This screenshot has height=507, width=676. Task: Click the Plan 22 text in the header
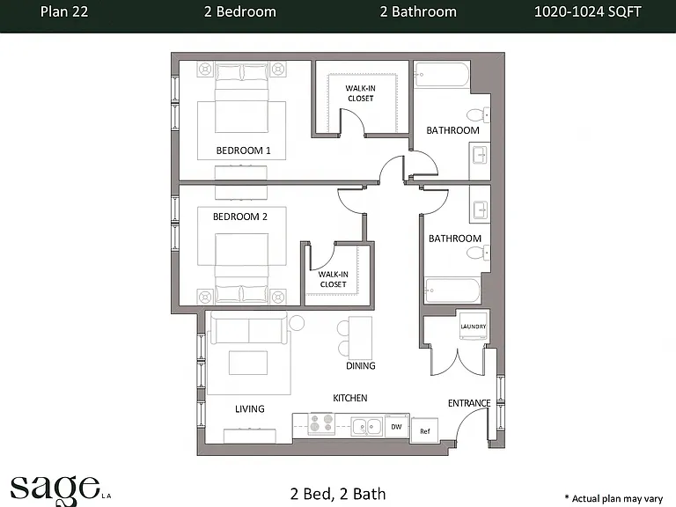[64, 11]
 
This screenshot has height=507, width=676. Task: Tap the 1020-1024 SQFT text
[588, 11]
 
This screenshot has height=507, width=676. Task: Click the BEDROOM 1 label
[243, 151]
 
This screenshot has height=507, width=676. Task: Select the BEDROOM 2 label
[240, 217]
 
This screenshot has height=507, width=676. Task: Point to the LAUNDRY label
[473, 327]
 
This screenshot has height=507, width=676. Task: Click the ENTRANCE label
[469, 403]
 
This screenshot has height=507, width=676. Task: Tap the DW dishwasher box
[396, 427]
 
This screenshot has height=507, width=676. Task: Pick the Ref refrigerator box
[424, 430]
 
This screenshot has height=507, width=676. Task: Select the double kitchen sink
[366, 426]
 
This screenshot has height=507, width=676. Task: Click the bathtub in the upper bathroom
[442, 75]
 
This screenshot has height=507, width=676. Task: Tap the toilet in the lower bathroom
[478, 253]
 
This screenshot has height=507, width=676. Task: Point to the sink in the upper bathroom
[480, 154]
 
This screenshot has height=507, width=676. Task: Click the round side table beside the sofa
[296, 322]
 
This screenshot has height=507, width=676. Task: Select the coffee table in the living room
[248, 363]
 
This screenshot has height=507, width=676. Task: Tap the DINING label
[360, 365]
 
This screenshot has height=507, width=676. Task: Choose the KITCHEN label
[350, 398]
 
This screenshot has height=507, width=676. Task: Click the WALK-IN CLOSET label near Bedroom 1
[360, 93]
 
